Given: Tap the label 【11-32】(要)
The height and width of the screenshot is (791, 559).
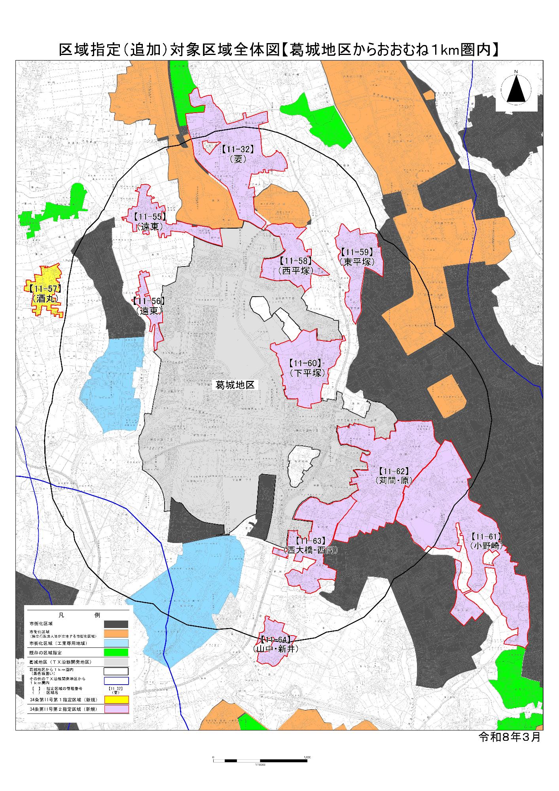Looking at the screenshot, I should pos(237,154).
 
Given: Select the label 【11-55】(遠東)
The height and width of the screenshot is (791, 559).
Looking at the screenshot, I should pos(150,221).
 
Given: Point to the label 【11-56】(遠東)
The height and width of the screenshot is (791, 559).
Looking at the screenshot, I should pos(149,306).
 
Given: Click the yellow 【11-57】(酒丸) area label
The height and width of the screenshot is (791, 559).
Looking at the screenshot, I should pos(45,293).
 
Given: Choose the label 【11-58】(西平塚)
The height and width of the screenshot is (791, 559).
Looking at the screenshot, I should pos(296,266).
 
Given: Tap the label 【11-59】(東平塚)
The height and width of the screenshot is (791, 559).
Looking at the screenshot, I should pos(356,257).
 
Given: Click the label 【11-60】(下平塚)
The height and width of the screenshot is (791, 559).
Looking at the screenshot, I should pos(307,368).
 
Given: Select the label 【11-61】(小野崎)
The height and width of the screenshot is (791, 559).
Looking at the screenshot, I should pos(486,541).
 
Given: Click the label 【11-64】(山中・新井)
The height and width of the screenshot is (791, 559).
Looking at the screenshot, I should pos(276,644).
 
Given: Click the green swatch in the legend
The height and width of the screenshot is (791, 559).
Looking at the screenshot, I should pos(116,653).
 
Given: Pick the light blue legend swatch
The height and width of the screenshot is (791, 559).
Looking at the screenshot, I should pos(116,643).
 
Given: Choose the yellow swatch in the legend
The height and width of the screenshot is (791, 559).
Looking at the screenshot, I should pos(116,699).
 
